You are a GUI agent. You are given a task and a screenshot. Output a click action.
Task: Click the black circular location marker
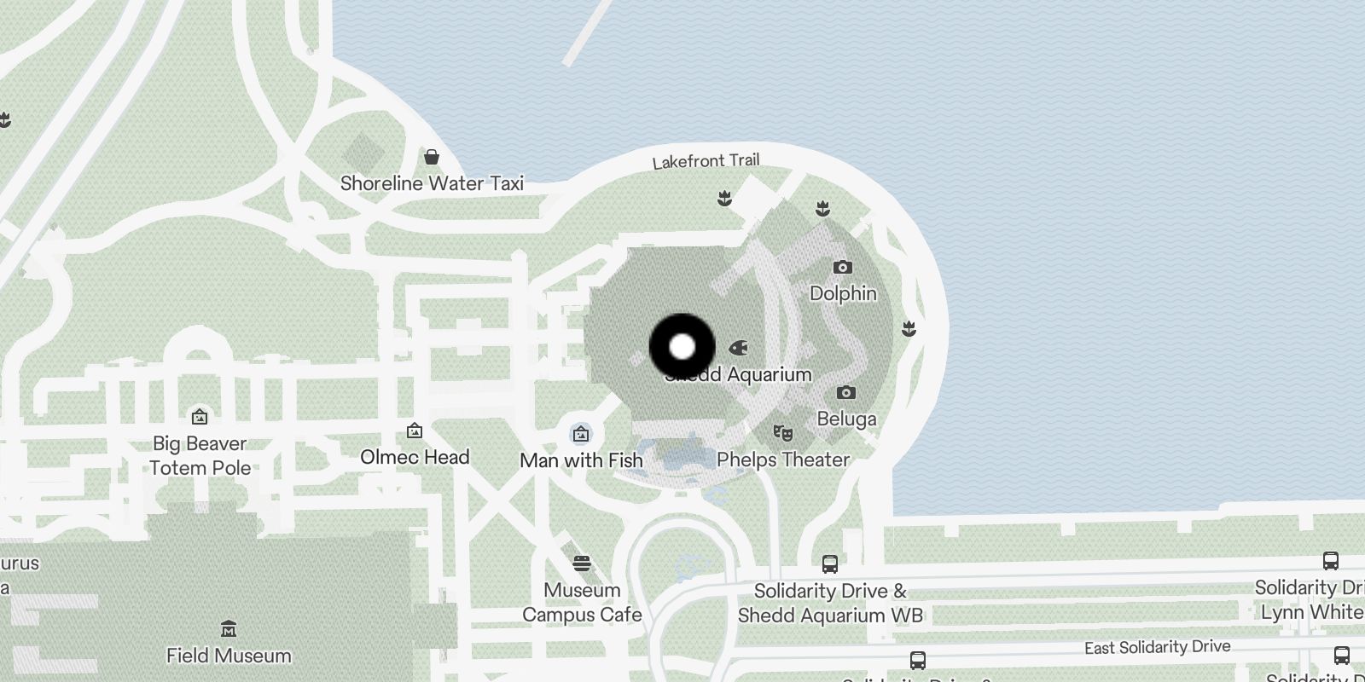pos(682,347)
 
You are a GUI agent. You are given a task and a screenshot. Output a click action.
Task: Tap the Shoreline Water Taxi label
pos(432,183)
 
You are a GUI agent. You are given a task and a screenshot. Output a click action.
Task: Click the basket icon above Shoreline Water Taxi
pos(432,157)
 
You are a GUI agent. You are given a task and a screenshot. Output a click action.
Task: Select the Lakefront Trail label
pos(706,161)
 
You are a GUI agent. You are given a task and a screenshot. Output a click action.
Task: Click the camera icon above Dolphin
pos(842,268)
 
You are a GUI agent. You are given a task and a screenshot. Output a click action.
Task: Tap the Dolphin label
pos(843,293)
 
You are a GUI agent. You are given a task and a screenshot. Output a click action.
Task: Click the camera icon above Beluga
pos(845,393)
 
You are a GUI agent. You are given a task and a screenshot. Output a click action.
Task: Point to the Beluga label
pos(846,419)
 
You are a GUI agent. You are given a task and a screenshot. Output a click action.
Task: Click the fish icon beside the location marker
pos(739,348)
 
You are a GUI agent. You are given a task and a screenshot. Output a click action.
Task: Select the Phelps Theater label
pos(783,459)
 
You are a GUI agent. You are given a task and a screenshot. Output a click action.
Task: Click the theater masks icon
pos(782,433)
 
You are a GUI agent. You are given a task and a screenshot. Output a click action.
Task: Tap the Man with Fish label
pos(581,460)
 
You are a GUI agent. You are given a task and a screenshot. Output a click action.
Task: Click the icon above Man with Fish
pos(581,434)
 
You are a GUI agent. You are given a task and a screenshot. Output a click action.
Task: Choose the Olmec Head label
pos(415,457)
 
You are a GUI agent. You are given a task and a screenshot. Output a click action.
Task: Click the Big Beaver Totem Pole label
pos(200,455)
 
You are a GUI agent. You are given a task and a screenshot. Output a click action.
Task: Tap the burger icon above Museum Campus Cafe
pos(582,564)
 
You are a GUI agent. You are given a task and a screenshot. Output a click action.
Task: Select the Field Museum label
pos(229,656)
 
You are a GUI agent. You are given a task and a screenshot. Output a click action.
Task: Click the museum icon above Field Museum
pos(229,629)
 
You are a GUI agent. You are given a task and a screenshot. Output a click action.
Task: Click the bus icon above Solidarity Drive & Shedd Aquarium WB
pos(829,564)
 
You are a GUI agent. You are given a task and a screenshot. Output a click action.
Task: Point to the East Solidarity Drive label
pos(1157,648)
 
